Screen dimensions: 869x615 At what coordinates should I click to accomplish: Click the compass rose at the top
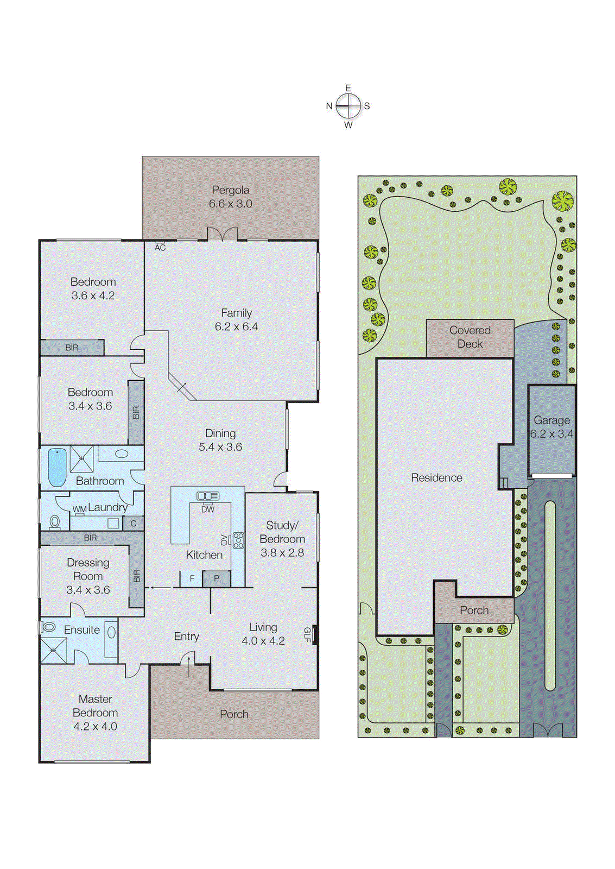pos(348,106)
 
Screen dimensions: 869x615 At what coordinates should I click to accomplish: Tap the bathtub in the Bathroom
pos(57,467)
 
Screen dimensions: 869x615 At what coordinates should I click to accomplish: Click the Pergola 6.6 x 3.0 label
pos(231,197)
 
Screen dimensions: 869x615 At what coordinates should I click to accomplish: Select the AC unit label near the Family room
pos(160,247)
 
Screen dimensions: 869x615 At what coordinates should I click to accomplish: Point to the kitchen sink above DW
pos(208,496)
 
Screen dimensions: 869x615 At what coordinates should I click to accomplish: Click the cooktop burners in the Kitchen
pos(238,540)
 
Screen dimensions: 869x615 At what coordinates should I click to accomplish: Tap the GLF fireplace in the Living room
pos(315,634)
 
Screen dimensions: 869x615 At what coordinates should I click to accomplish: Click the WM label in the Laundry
pos(79,509)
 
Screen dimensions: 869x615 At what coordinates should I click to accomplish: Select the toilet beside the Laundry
pos(55,522)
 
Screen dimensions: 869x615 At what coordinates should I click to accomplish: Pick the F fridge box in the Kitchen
pos(192,578)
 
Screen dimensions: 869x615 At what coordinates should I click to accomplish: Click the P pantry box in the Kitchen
pos(216,578)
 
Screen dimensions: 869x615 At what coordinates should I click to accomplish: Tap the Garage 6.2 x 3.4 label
pos(551,427)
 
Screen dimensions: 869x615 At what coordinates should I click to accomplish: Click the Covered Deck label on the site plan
pos(470,337)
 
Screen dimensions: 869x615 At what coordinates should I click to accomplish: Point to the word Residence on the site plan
pos(436,477)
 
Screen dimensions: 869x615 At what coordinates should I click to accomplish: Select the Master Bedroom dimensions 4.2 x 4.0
pos(95,726)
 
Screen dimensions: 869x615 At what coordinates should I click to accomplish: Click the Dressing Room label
pos(88,569)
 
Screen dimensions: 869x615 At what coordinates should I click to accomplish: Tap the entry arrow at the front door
pos(188,665)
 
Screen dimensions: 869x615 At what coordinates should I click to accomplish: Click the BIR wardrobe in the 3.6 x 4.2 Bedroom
pos(72,348)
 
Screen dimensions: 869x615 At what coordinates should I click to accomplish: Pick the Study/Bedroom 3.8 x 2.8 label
pos(282,539)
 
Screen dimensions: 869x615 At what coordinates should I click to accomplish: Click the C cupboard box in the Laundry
pos(134,524)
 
